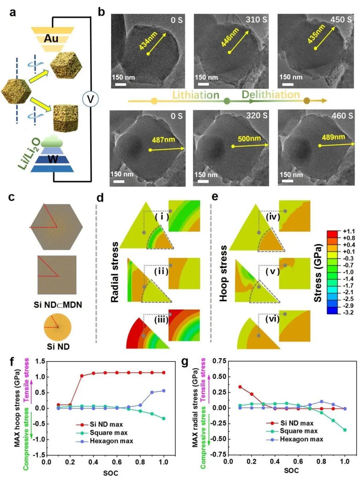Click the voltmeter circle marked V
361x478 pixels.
(x=90, y=99)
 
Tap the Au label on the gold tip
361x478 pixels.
(x=51, y=38)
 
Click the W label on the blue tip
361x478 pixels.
(x=52, y=159)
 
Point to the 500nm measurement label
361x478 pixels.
(x=249, y=138)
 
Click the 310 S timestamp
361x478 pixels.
(x=256, y=20)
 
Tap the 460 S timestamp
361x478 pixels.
(x=342, y=116)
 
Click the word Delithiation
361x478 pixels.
(x=270, y=95)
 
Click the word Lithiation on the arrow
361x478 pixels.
(x=196, y=95)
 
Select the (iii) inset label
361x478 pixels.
(x=161, y=319)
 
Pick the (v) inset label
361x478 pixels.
(x=272, y=271)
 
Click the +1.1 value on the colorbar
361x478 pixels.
(x=349, y=231)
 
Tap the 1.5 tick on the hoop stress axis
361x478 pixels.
(x=40, y=361)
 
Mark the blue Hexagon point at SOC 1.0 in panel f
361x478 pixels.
(x=163, y=391)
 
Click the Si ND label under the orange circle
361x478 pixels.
(x=58, y=347)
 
